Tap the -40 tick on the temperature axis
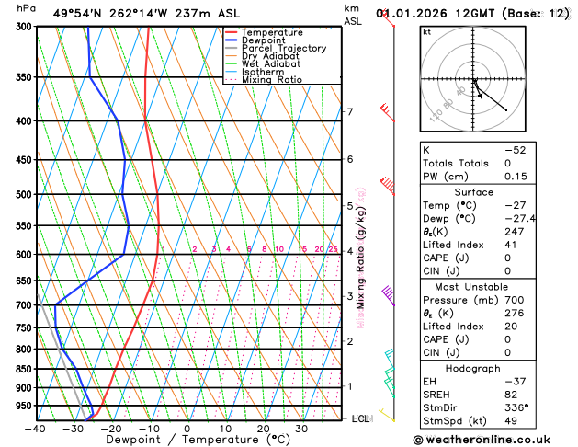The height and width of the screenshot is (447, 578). [36, 428]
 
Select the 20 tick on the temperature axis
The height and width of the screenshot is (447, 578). [263, 428]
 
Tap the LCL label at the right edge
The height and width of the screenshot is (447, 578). [362, 418]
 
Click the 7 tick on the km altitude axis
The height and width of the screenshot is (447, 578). [350, 112]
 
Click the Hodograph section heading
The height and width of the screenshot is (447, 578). [473, 367]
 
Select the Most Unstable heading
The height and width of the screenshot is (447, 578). [473, 287]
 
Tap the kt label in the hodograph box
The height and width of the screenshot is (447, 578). [427, 31]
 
